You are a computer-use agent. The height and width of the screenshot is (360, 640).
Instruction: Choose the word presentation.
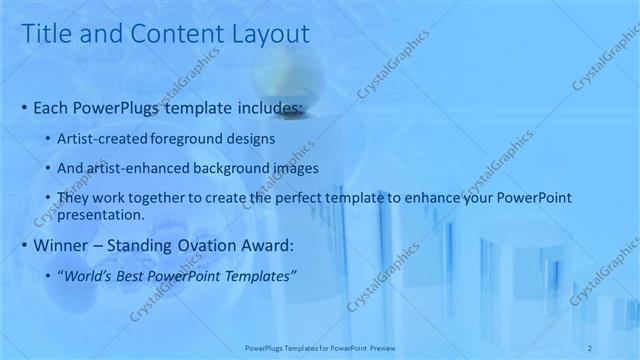point(103,214)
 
